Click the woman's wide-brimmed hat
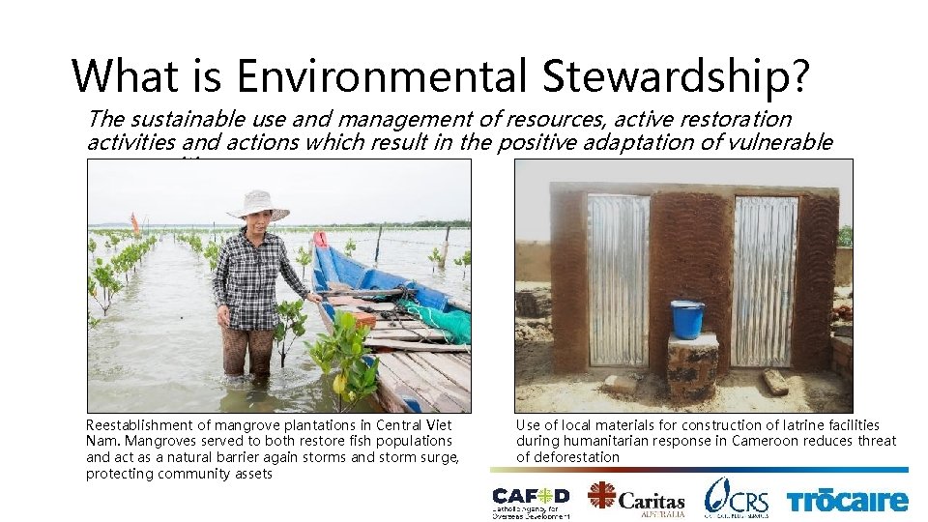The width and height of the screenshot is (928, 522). [257, 204]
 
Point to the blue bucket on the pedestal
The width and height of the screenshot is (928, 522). [688, 319]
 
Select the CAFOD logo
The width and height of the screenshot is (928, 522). [530, 497]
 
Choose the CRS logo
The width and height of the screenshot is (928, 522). [737, 497]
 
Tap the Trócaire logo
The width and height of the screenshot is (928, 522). [847, 500]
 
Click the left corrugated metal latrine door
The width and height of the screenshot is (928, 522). [619, 280]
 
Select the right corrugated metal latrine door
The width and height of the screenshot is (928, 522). [766, 280]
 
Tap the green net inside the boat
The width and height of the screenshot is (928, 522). [440, 319]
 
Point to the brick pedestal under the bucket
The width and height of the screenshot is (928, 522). [692, 366]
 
